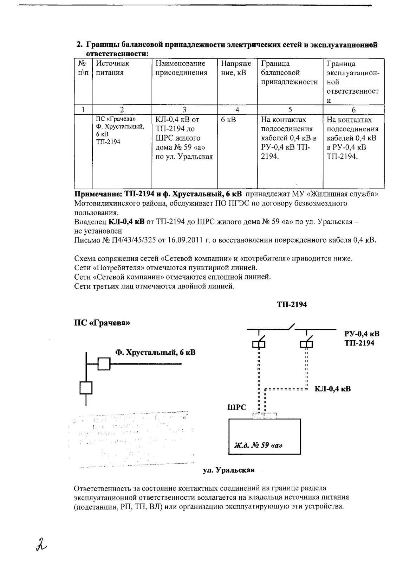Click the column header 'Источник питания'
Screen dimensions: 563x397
point(112,68)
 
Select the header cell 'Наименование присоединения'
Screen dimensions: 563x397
point(181,68)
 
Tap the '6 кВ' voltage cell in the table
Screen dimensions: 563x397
point(228,120)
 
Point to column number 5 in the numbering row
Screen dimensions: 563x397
point(290,109)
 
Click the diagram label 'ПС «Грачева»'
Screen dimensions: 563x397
point(102,323)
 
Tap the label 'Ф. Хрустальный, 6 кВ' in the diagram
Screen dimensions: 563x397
point(155,352)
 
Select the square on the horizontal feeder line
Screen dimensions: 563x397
point(104,363)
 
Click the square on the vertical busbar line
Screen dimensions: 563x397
point(86,388)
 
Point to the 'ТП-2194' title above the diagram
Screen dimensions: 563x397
point(292,305)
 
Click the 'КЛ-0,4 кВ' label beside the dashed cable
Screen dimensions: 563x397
point(332,389)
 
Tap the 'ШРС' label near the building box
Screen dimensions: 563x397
point(236,407)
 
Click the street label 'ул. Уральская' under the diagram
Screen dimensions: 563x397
point(229,470)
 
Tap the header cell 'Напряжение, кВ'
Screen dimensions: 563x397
point(236,68)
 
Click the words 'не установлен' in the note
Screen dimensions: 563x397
point(98,231)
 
